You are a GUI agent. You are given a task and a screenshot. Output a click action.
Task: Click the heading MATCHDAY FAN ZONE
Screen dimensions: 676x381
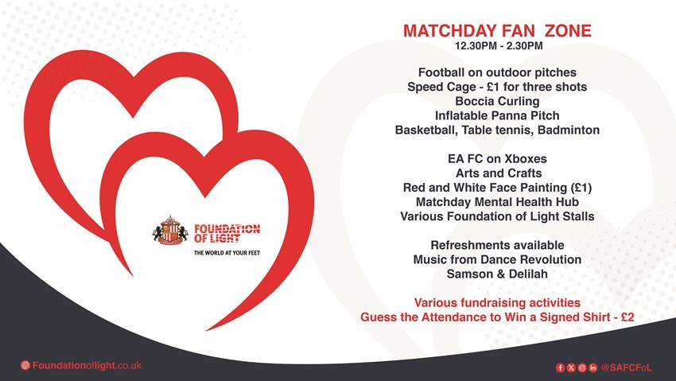click(497, 30)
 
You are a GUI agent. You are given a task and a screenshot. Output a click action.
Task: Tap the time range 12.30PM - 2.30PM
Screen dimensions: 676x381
click(499, 45)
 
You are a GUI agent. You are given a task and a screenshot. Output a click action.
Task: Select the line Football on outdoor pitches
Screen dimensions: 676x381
click(497, 72)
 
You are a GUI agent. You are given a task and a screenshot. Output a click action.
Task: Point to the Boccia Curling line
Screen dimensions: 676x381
click(497, 101)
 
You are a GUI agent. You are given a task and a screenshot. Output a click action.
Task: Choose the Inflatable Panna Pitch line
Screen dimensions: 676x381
click(497, 115)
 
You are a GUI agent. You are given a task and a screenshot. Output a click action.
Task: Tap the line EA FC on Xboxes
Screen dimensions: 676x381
click(497, 158)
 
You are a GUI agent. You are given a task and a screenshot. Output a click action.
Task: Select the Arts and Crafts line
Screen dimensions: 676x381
click(499, 173)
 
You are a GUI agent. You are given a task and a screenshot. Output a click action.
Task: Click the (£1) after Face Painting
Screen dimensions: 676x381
click(581, 188)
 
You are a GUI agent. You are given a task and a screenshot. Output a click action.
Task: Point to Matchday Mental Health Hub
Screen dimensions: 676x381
click(497, 202)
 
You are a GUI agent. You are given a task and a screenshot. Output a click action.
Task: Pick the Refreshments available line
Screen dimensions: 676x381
click(497, 245)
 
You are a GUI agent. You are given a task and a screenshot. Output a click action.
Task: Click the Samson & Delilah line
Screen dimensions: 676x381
click(497, 274)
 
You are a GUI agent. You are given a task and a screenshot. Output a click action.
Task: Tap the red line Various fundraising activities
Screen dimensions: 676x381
click(497, 302)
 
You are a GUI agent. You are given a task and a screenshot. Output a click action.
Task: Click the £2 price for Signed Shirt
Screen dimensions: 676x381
click(627, 317)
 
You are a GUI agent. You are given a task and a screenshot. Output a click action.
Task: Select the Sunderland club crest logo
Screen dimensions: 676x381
click(170, 231)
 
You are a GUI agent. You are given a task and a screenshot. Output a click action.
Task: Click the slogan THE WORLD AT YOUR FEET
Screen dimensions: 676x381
click(227, 253)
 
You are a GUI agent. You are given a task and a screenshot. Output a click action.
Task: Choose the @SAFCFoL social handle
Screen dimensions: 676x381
click(627, 367)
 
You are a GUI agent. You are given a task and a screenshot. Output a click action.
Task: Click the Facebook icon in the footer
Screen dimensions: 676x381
click(560, 367)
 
